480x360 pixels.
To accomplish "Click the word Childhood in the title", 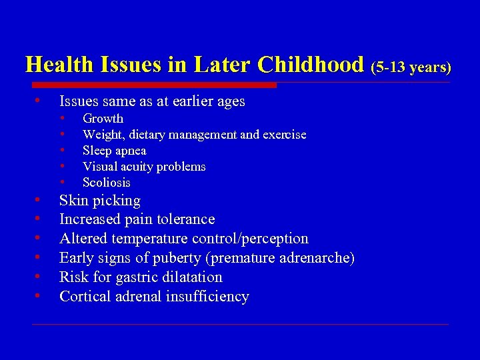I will (311, 65).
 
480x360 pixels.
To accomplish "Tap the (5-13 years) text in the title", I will (411, 67).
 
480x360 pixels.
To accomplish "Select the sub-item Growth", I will (103, 119).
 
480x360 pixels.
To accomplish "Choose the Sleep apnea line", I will (114, 151).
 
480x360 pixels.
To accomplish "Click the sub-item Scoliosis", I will (107, 183).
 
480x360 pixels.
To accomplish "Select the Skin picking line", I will (100, 201).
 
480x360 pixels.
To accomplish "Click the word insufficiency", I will (208, 297).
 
